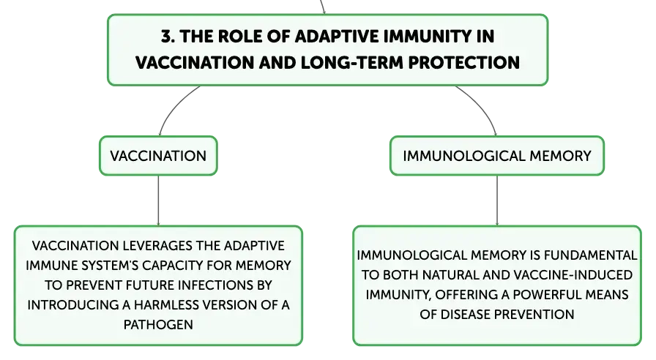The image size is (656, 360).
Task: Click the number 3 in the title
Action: [167, 37]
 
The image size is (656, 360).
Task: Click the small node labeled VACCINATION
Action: [159, 156]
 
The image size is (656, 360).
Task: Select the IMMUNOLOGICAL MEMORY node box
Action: [497, 156]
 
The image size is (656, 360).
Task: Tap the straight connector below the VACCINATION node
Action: [159, 200]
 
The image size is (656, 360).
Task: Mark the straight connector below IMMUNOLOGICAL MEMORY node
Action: [497, 200]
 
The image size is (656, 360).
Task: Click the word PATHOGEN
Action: [158, 325]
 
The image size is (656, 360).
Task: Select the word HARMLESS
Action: [166, 305]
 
